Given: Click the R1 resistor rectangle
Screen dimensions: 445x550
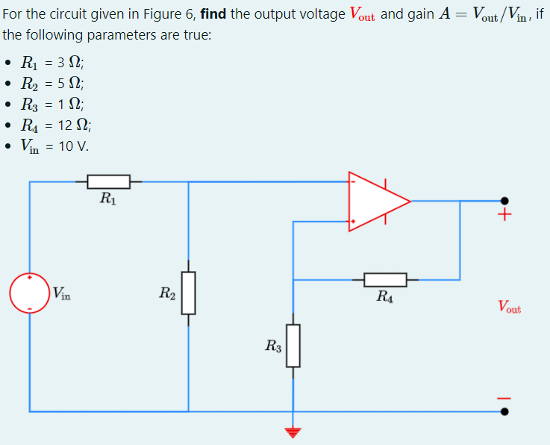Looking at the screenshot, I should click(109, 181).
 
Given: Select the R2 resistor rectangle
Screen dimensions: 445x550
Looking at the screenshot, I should click(188, 293).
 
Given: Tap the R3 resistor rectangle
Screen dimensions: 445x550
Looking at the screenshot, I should click(293, 345).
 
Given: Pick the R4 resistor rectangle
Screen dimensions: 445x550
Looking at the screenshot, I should click(385, 280).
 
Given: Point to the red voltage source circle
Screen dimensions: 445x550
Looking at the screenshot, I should click(29, 293).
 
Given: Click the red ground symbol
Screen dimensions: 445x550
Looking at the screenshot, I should click(293, 432).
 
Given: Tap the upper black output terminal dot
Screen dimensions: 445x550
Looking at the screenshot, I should click(505, 201).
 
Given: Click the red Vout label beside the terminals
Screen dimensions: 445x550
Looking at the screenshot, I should click(509, 307).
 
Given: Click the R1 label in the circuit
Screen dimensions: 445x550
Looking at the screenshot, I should click(107, 199).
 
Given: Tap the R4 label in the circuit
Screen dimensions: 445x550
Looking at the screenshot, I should click(385, 297).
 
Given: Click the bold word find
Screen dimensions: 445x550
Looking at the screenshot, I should click(213, 14).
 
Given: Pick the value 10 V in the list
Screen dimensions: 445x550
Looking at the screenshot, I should click(73, 146).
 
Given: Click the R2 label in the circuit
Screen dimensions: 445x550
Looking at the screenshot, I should click(167, 293).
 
